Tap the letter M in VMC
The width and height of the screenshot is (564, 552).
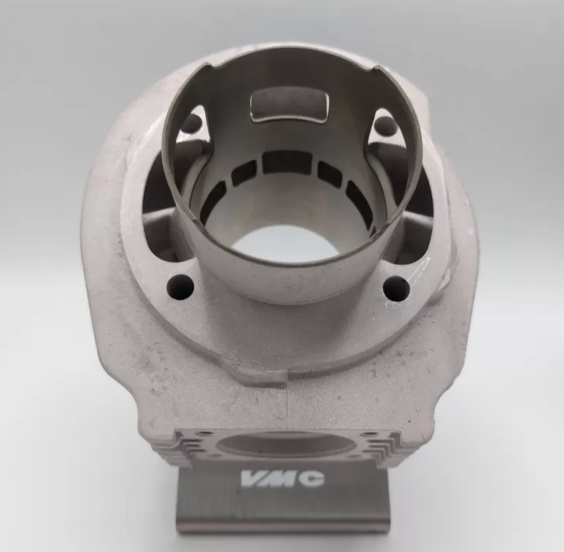coord(282,478)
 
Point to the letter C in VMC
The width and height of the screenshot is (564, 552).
coord(309,478)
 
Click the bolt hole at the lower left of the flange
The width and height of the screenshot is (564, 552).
coord(180,287)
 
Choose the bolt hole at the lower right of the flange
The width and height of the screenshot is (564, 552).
coord(395,288)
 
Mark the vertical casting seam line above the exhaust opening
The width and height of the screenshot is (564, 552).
coord(286,402)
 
